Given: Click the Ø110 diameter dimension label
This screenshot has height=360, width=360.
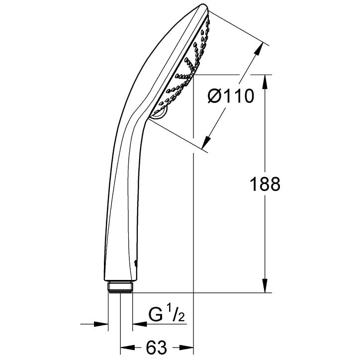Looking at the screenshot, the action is click(x=231, y=96).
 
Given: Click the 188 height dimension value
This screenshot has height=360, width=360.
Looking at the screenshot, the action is click(x=265, y=184).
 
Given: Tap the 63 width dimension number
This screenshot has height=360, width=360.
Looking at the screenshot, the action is click(x=157, y=348).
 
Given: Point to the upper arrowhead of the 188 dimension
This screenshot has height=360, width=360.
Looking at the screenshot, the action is click(x=265, y=82).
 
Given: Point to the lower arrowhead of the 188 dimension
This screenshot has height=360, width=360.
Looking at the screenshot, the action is click(x=265, y=285).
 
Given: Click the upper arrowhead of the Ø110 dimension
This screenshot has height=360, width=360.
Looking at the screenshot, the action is click(x=259, y=49).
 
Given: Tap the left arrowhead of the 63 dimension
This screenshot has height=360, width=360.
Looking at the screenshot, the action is click(x=127, y=348).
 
